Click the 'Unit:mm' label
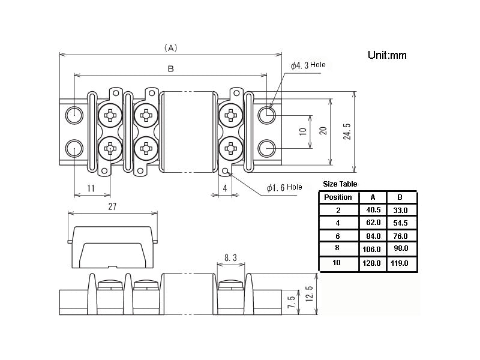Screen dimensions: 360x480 [387, 55]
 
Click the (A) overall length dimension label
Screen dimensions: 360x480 [170, 47]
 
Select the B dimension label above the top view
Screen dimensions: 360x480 [170, 69]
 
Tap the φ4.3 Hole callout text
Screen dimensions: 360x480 [308, 65]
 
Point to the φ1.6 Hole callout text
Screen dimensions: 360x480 [284, 188]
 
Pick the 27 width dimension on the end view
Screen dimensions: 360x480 [112, 206]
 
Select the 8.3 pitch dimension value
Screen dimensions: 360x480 [230, 258]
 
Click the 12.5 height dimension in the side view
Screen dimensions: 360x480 [310, 295]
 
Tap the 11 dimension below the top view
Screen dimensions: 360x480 [91, 188]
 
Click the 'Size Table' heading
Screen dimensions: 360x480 [340, 184]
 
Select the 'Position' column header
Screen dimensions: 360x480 [338, 197]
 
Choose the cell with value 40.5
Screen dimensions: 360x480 [373, 210]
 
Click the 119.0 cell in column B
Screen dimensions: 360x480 [400, 263]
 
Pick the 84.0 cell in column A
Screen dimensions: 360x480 [373, 236]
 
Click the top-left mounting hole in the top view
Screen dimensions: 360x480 [74, 113]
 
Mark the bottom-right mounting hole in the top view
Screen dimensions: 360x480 [267, 147]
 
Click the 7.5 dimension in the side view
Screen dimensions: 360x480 [292, 302]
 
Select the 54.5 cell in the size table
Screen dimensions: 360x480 [400, 223]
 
